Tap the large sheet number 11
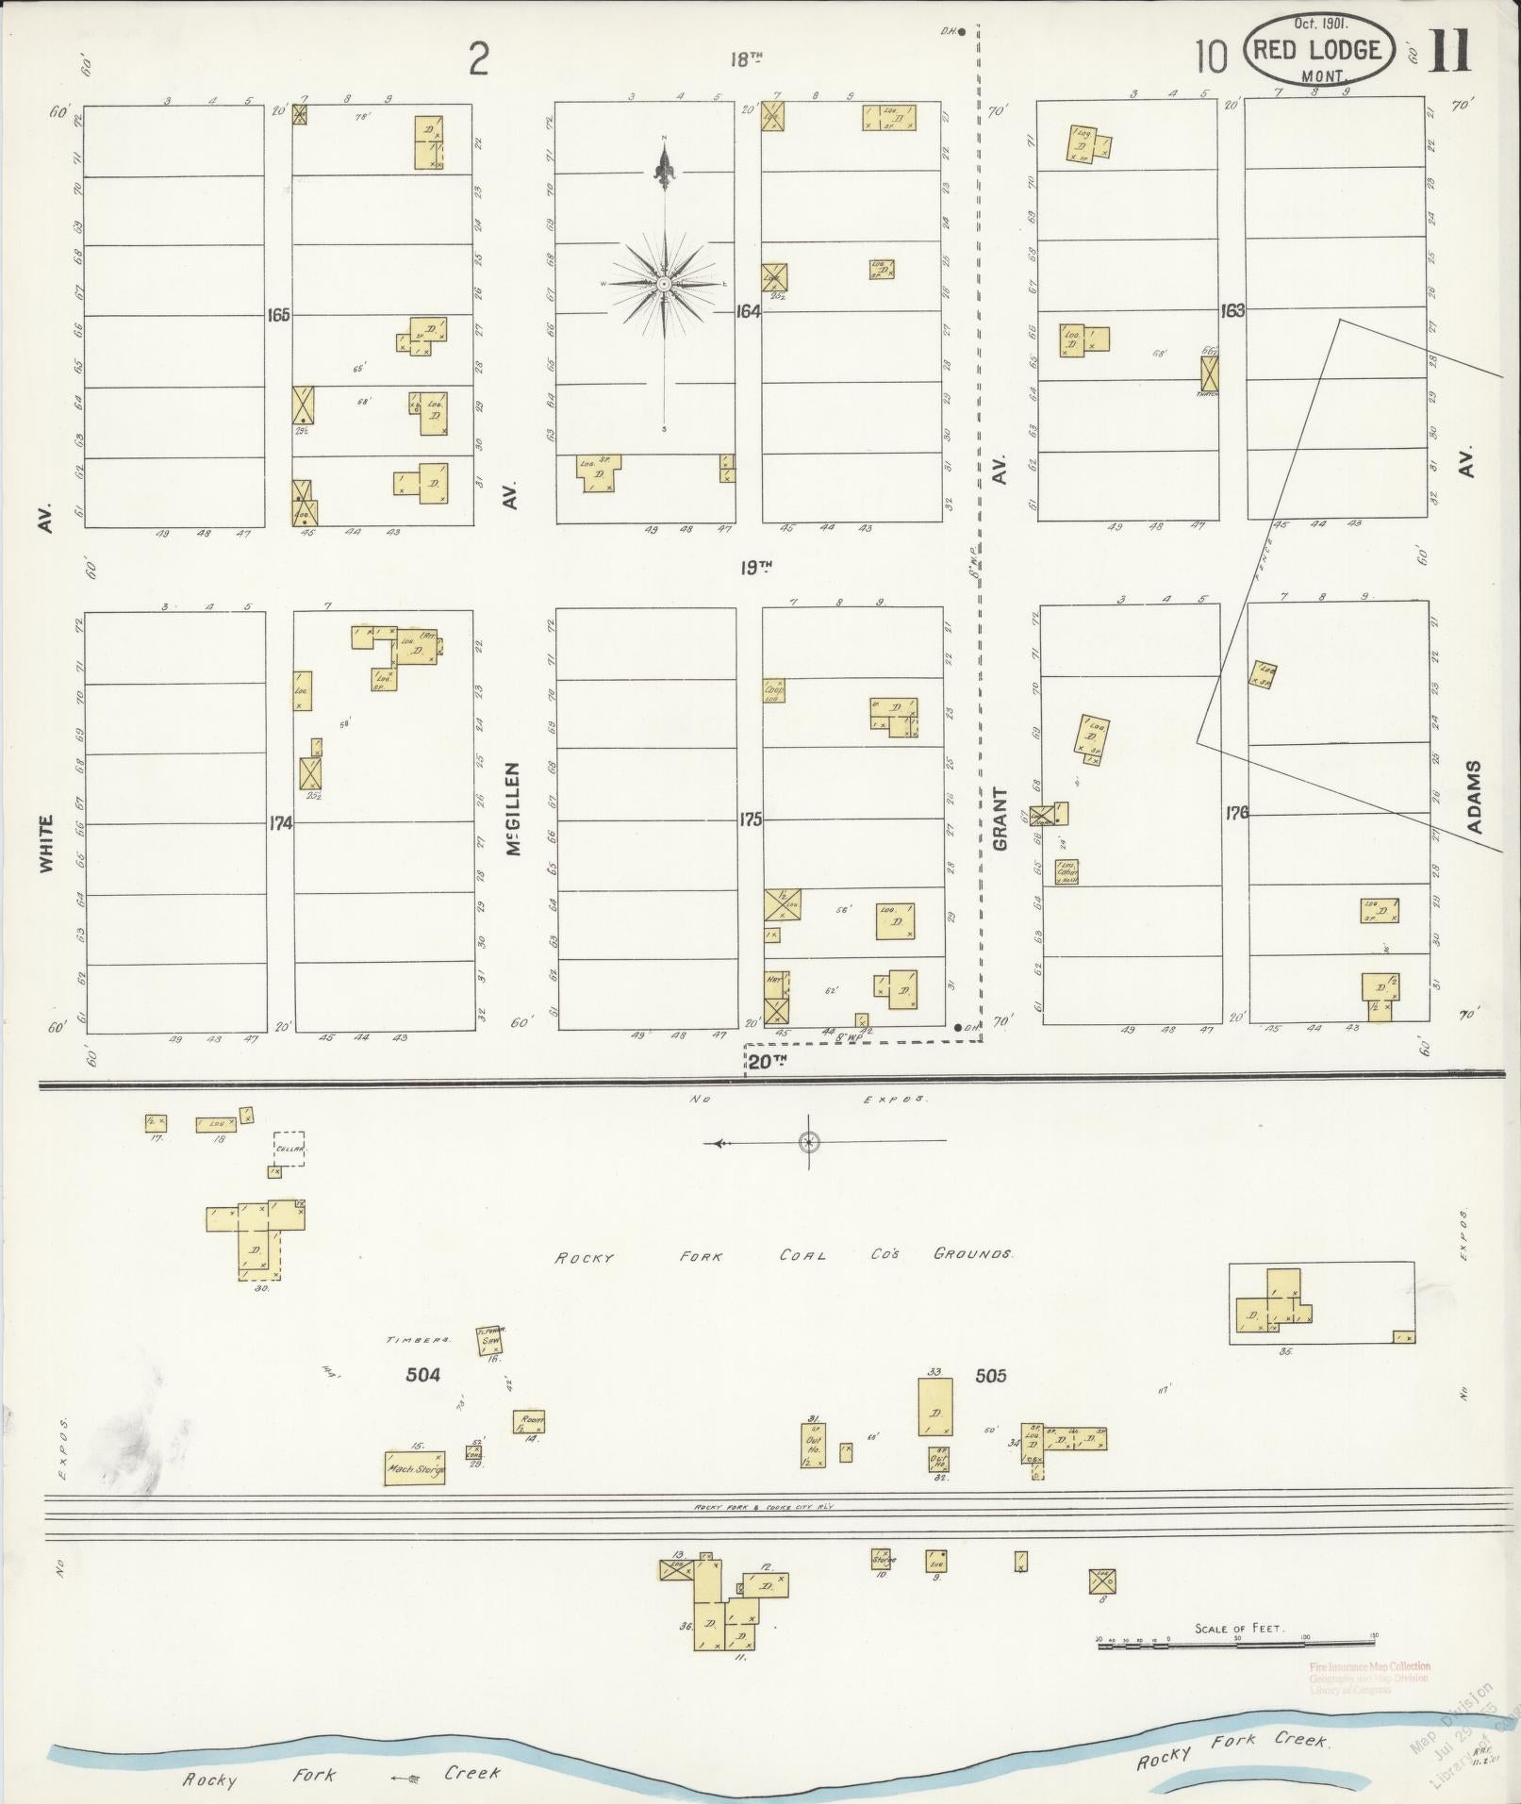coord(1449,53)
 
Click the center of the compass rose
coord(664,283)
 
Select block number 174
coord(280,823)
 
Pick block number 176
coord(1236,812)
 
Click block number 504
coord(422,1375)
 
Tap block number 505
coord(991,1376)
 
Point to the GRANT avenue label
coord(1000,819)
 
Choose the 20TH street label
coord(766,1062)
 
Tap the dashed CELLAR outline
coord(289,1149)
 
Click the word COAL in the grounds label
coord(802,1255)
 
